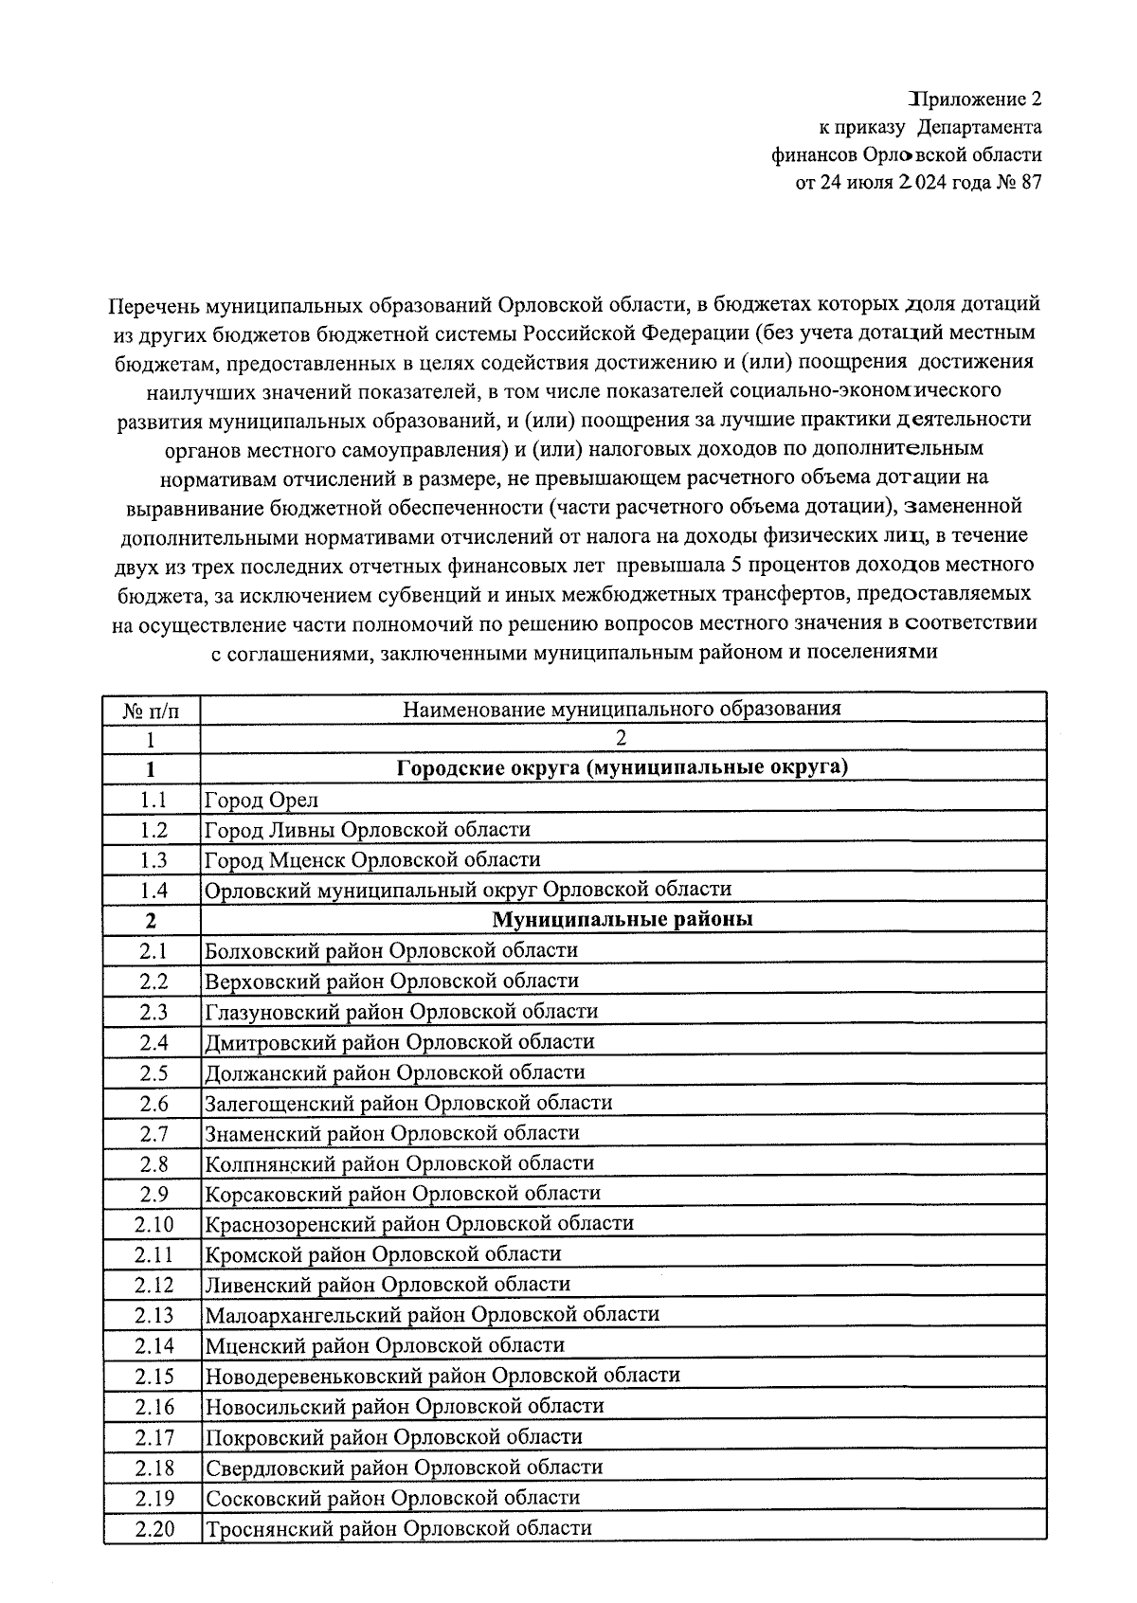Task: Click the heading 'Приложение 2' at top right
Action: coord(975,99)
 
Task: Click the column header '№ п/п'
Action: coord(151,709)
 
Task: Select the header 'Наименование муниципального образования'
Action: coord(622,709)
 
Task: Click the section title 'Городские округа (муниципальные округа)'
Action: coord(622,767)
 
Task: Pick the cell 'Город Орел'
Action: coord(262,800)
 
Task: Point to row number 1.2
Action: coord(153,830)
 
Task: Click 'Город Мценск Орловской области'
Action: coord(372,860)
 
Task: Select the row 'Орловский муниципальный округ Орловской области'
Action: coord(468,890)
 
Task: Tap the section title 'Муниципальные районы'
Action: coord(622,919)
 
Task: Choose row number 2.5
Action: coord(153,1073)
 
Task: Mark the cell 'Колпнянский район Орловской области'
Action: coord(399,1163)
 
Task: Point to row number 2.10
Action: coord(153,1225)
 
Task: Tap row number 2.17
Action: coord(153,1437)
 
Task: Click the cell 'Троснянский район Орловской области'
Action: coord(398,1528)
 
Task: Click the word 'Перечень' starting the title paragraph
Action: coord(153,305)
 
